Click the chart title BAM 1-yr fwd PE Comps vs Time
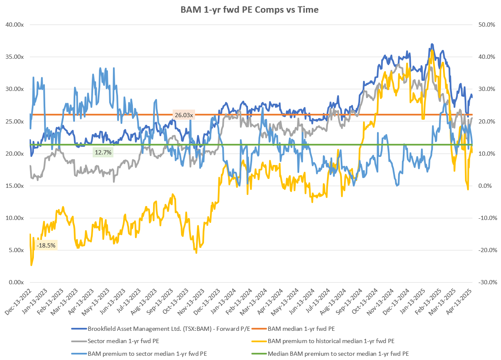[x=250, y=10]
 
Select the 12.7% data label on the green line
[x=103, y=152]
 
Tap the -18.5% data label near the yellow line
[x=46, y=245]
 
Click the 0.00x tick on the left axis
[x=16, y=282]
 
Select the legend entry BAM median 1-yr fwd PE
[x=301, y=328]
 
